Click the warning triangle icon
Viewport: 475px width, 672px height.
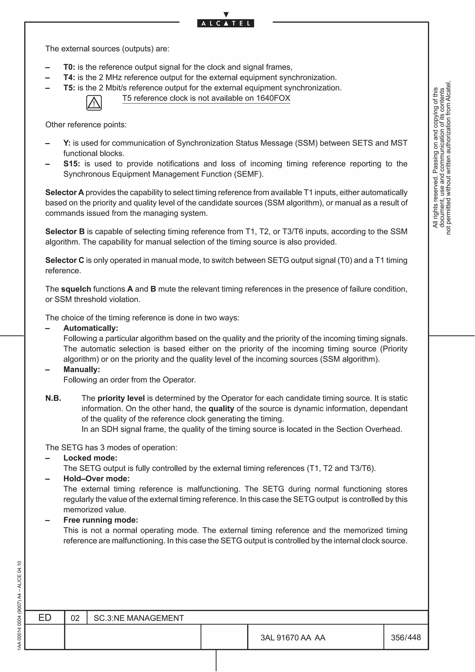click(94, 103)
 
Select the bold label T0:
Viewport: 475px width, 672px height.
click(69, 67)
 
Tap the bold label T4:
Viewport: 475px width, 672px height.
click(69, 77)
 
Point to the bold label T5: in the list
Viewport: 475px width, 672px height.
click(69, 88)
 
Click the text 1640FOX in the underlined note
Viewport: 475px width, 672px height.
click(273, 98)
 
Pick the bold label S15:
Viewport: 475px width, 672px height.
click(71, 164)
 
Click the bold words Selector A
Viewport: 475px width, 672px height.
click(64, 193)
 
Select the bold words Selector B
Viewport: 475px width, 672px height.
click(65, 231)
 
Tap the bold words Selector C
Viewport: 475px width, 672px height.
click(64, 260)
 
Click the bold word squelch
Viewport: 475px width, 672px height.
click(76, 289)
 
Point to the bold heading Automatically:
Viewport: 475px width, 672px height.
click(91, 328)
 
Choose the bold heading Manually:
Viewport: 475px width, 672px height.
click(82, 369)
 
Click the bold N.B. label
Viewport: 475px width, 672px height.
click(53, 398)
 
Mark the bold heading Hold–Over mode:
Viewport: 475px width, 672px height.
click(96, 479)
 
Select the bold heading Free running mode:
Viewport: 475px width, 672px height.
click(101, 520)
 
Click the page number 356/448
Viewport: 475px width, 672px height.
click(406, 637)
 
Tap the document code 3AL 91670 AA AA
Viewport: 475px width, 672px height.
click(293, 638)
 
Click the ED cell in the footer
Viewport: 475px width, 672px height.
click(45, 618)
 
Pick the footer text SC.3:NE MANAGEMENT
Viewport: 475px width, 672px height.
click(139, 618)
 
